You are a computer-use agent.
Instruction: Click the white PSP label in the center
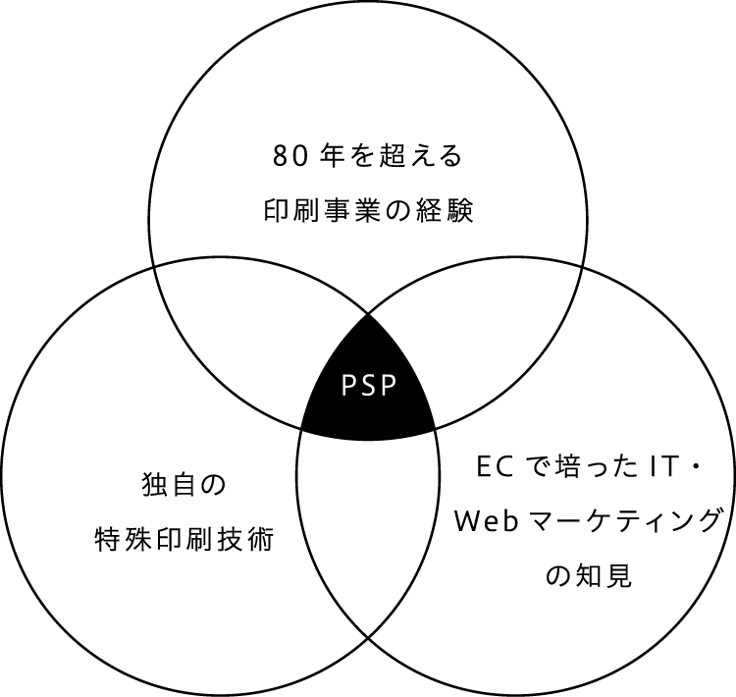pyautogui.click(x=368, y=385)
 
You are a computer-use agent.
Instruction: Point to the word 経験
pyautogui.click(x=447, y=212)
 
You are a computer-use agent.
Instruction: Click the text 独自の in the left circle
pyautogui.click(x=184, y=483)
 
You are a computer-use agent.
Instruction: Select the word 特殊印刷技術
pyautogui.click(x=184, y=539)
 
